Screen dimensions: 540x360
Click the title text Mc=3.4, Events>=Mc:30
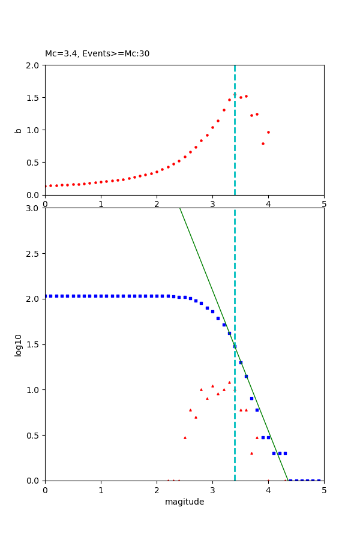(x=97, y=54)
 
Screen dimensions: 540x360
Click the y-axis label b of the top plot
(x=18, y=130)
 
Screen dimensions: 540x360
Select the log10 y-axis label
(x=18, y=345)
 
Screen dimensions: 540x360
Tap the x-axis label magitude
(x=184, y=502)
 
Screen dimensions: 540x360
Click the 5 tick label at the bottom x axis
(x=324, y=490)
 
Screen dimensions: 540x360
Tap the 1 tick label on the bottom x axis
(x=101, y=490)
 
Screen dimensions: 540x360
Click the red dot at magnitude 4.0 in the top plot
(x=268, y=132)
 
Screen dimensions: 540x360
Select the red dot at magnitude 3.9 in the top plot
(x=263, y=143)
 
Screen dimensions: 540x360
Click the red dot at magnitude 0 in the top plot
(x=45, y=186)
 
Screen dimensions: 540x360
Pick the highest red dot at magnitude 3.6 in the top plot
(x=246, y=96)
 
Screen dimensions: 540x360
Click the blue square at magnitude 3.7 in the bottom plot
(x=251, y=398)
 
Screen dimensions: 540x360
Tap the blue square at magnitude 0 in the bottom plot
(x=45, y=296)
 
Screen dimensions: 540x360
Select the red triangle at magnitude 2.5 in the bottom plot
(x=185, y=437)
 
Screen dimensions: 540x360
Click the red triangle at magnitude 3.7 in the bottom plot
(x=251, y=453)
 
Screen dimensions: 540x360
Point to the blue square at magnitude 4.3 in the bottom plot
(x=285, y=453)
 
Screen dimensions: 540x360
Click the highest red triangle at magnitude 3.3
(x=229, y=382)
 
